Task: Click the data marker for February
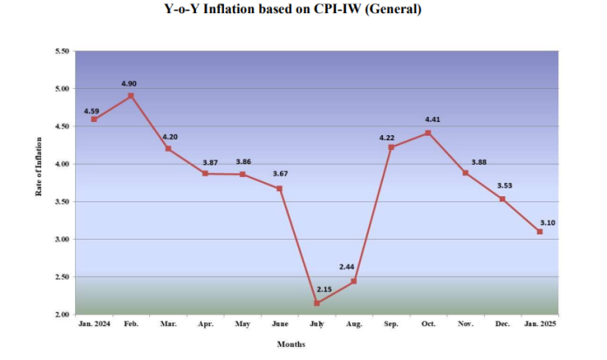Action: [131, 96]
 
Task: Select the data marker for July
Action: [317, 303]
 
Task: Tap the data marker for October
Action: [427, 132]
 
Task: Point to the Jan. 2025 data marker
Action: [540, 232]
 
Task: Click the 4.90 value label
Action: [129, 84]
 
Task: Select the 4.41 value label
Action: [432, 119]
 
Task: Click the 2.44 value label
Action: [345, 265]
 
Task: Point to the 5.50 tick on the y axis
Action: [62, 51]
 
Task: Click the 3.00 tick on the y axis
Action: [62, 240]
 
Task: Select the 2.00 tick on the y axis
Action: [62, 315]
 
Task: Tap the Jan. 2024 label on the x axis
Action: [93, 324]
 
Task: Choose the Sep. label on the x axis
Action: [391, 324]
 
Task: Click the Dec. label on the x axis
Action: [502, 324]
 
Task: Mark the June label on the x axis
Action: [279, 324]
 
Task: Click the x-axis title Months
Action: [290, 344]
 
